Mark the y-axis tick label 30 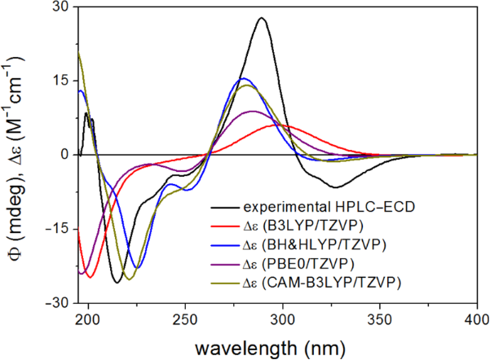coord(60,7)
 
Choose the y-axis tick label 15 coord(60,81)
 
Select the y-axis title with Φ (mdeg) coord(16,155)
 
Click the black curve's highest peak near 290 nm coord(261,18)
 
